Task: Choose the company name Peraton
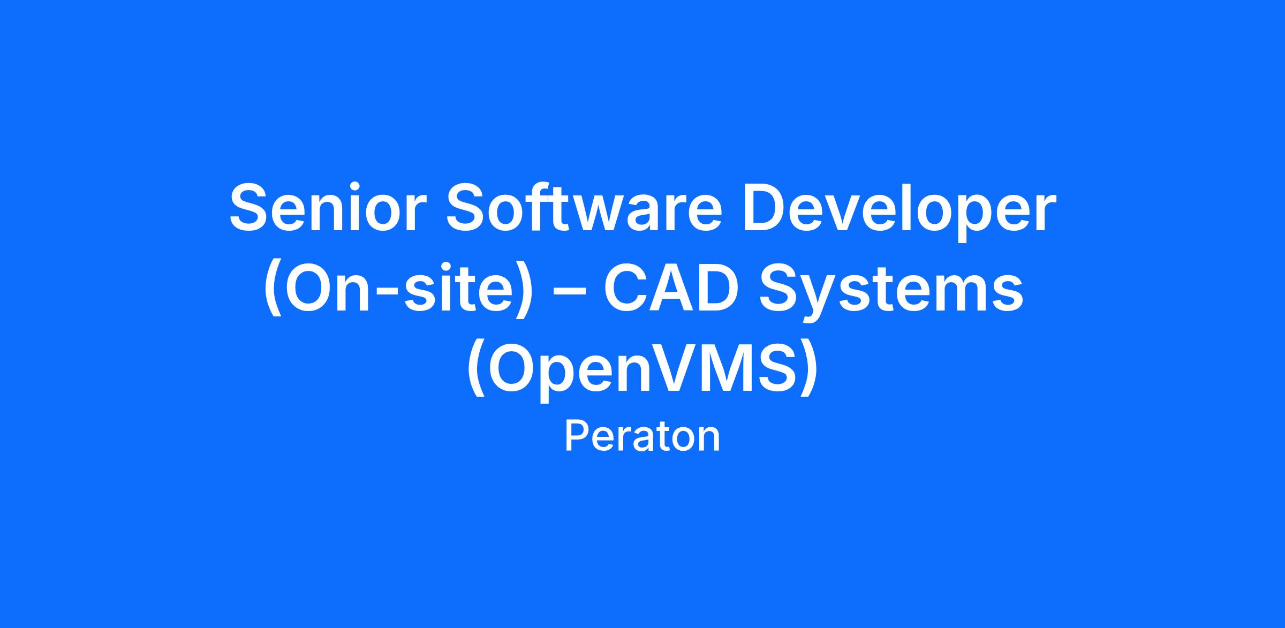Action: coord(642,437)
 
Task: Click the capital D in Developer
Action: coord(765,208)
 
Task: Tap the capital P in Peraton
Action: coord(578,436)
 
